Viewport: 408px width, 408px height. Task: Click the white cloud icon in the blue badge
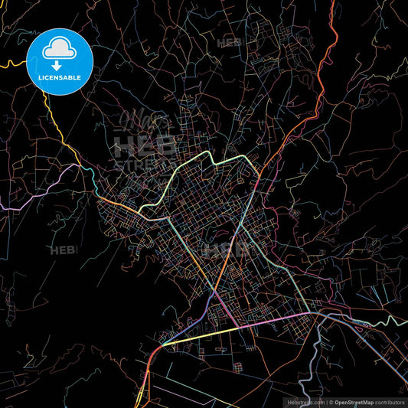click(59, 48)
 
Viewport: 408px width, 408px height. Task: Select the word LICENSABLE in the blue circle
click(59, 77)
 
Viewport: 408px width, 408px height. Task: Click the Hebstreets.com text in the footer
click(305, 401)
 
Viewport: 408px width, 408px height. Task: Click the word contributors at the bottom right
click(390, 401)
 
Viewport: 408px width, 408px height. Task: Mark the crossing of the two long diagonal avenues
click(215, 291)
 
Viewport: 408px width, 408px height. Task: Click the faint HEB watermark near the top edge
click(229, 44)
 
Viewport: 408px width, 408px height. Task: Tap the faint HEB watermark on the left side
click(61, 250)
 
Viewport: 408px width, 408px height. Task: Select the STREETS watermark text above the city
click(138, 163)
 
